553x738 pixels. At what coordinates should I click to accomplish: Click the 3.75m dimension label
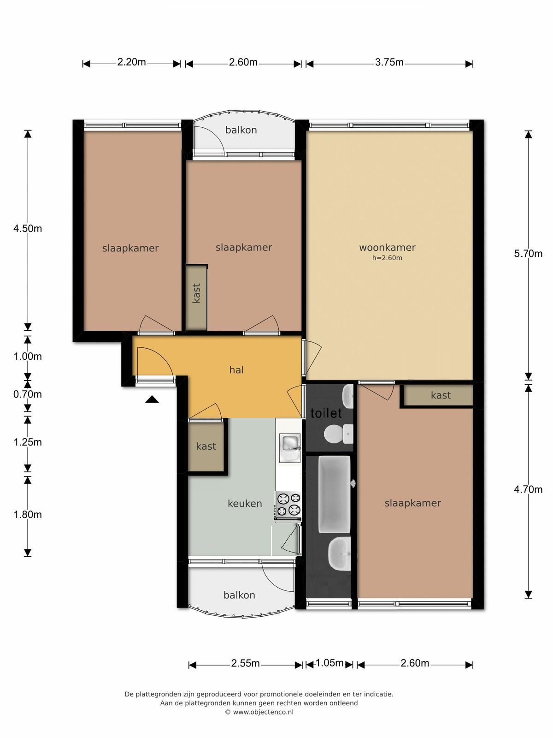[x=389, y=63]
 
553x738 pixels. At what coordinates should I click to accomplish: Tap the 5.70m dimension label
[x=528, y=254]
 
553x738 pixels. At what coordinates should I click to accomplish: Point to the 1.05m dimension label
[x=329, y=663]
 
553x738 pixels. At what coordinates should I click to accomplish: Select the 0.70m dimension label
[x=28, y=394]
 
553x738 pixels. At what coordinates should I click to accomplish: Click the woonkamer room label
[x=387, y=248]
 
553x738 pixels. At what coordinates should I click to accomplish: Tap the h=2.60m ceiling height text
[x=387, y=258]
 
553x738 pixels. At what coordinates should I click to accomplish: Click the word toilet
[x=326, y=413]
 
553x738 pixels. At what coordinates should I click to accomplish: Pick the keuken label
[x=245, y=503]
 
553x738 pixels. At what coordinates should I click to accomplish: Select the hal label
[x=236, y=370]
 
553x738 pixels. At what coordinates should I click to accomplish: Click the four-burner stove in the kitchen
[x=288, y=506]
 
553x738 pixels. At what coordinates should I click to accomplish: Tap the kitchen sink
[x=289, y=448]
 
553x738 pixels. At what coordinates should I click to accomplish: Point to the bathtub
[x=335, y=494]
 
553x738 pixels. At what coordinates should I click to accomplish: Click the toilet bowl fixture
[x=338, y=434]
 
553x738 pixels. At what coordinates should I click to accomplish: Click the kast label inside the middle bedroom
[x=196, y=293]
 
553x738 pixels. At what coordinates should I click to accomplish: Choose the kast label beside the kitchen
[x=206, y=446]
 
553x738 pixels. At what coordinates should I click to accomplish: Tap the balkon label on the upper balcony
[x=241, y=130]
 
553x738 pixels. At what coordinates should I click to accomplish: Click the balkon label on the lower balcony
[x=239, y=595]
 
